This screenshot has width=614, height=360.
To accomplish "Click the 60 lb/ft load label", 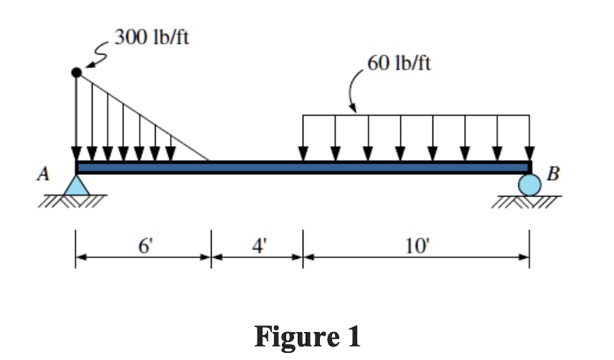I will [x=399, y=63].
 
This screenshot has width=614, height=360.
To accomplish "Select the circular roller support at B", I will [x=529, y=185].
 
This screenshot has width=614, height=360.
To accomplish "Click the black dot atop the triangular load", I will [x=76, y=72].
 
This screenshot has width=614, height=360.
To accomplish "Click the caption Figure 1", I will [x=307, y=335].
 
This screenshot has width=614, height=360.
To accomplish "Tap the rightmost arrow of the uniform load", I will [x=529, y=138].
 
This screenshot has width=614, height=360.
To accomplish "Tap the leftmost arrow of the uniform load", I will [x=303, y=138].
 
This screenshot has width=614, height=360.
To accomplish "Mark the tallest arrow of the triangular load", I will [x=77, y=118].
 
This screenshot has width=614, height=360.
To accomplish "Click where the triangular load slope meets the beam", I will [x=209, y=161].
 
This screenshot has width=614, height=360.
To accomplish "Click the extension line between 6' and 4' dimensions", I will [x=210, y=248].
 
